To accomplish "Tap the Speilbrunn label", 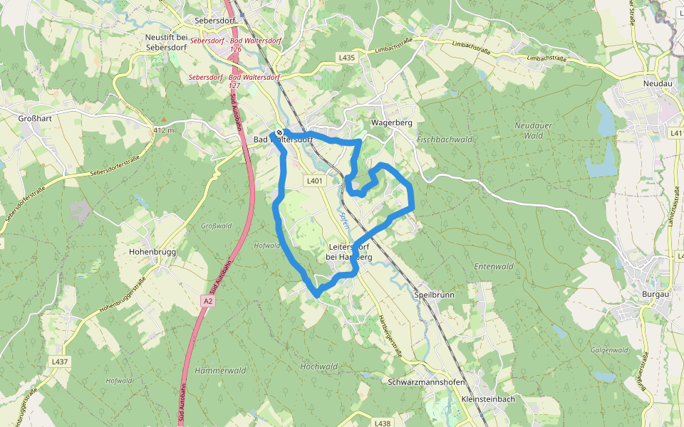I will tap(434, 294).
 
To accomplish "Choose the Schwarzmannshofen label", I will tap(427, 382).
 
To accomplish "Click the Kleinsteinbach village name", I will tap(488, 399).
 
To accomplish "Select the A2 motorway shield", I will tap(207, 301).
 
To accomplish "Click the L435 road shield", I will tap(346, 57).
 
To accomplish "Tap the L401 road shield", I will tap(314, 181).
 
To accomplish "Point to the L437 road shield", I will tap(60, 362).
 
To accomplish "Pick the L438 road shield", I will tap(382, 423).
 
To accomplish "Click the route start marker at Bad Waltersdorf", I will tap(281, 132).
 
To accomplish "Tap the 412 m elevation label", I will tap(163, 130).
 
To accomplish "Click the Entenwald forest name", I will tap(494, 266).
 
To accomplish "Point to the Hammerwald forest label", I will tap(220, 371).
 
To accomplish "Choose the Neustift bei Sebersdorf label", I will tap(166, 42).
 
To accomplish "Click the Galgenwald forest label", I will tap(609, 349).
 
